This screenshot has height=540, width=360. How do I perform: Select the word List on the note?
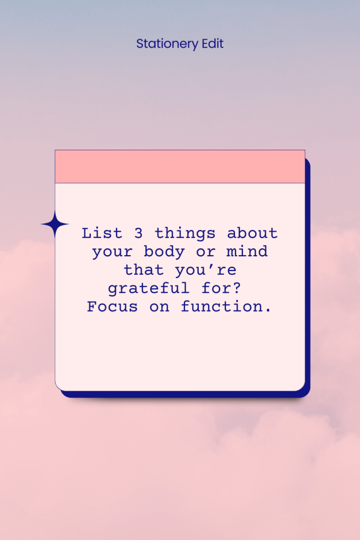(x=102, y=233)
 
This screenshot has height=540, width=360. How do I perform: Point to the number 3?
(x=139, y=233)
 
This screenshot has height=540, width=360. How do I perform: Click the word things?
(x=186, y=233)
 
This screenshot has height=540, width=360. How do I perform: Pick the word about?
(x=252, y=233)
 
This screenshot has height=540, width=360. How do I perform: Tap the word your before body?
(x=113, y=252)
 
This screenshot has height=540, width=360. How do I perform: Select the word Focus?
(x=113, y=306)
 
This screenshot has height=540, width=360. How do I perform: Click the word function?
(x=227, y=306)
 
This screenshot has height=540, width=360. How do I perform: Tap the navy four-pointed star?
(x=55, y=225)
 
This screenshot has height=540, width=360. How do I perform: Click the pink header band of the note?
(x=180, y=167)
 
